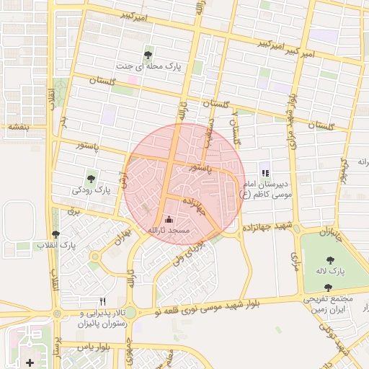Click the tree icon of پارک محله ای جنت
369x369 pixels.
[x=148, y=54]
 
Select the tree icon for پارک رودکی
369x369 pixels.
[x=91, y=178]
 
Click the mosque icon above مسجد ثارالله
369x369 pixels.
[x=169, y=219]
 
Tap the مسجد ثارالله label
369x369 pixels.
[x=168, y=230]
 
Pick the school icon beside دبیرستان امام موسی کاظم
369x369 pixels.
[x=265, y=173]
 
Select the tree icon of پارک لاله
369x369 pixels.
[x=331, y=260]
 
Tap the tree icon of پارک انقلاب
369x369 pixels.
[x=56, y=234]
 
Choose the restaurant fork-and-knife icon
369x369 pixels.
[x=102, y=301]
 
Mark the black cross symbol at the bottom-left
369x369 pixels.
[x=29, y=362]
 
